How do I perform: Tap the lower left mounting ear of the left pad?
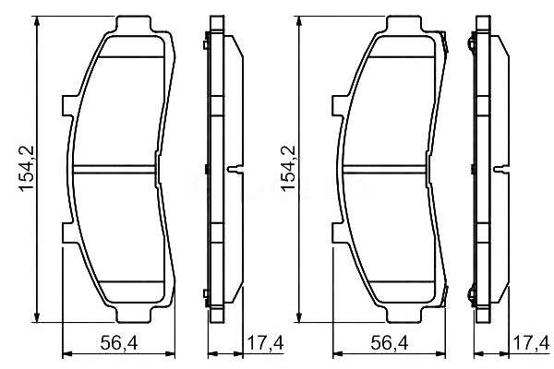[x=67, y=233]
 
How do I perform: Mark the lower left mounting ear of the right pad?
[x=335, y=233]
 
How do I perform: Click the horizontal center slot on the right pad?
[x=386, y=170]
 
